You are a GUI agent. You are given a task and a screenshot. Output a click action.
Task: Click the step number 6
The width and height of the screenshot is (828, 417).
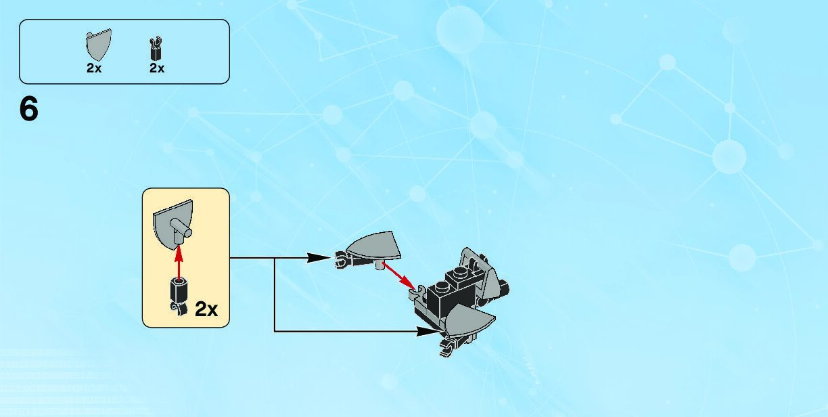[x=29, y=110]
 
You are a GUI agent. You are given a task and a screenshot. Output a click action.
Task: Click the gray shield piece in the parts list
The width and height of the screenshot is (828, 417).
[x=98, y=45]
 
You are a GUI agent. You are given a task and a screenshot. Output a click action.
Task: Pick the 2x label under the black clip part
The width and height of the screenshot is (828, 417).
[x=157, y=68]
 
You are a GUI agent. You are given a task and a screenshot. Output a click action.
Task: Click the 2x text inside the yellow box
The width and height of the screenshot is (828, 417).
[x=206, y=309]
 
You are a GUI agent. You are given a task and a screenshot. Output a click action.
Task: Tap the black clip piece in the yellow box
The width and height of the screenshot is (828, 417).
[x=179, y=294]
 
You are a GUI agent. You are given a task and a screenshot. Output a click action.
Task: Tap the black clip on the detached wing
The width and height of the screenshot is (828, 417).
[x=340, y=258]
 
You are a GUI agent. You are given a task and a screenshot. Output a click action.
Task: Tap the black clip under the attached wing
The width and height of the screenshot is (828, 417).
[x=446, y=348]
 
